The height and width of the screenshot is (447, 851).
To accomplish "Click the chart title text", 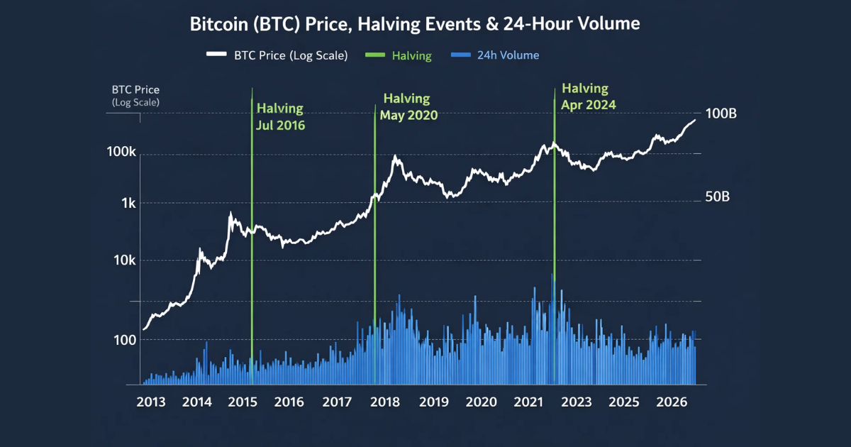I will tap(415, 24).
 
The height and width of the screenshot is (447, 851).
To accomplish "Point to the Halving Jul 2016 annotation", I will tap(280, 117).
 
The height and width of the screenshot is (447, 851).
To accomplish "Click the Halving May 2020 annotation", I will tap(408, 106).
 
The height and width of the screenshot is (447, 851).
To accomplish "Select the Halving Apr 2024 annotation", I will tap(588, 96).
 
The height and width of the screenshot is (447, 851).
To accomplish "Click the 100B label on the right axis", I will tap(721, 114).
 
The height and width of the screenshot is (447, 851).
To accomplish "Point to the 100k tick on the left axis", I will tap(122, 153).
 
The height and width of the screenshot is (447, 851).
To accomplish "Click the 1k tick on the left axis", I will tap(128, 203).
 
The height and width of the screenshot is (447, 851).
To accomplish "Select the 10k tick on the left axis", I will tap(125, 261).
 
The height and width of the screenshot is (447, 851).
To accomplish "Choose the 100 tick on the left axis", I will tap(126, 340).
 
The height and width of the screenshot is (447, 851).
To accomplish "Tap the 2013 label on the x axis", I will tap(151, 402).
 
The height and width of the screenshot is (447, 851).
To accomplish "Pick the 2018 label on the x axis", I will tap(386, 402).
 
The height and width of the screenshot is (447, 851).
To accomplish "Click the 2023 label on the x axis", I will tap(576, 402).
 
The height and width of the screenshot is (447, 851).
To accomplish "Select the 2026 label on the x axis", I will tap(672, 402).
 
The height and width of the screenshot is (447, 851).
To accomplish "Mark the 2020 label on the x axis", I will tap(482, 402).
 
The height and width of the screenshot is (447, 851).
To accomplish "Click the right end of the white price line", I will tap(695, 120).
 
